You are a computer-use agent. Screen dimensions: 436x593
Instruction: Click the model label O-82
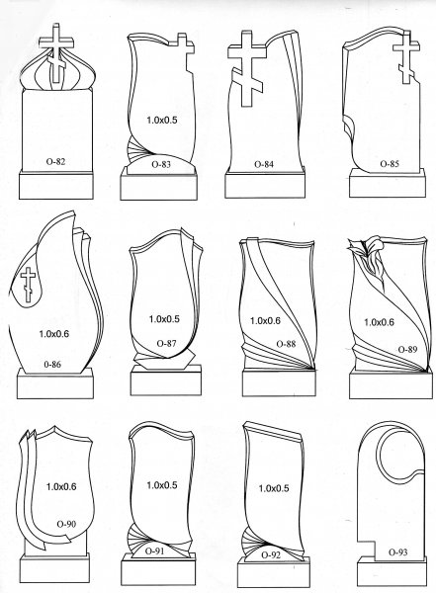click(x=55, y=161)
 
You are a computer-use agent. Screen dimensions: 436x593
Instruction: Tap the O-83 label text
click(x=161, y=164)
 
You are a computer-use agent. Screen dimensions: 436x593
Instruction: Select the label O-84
click(x=264, y=164)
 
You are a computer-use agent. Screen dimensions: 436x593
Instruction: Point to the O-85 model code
click(x=390, y=164)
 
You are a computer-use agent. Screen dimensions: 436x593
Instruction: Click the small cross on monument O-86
click(x=28, y=285)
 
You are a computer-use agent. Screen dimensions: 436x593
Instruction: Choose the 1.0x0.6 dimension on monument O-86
click(x=54, y=334)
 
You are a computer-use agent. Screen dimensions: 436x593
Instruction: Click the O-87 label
click(x=166, y=343)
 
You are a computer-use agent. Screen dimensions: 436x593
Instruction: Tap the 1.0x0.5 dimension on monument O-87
click(x=164, y=319)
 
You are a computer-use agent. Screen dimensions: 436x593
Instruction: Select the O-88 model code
click(x=286, y=344)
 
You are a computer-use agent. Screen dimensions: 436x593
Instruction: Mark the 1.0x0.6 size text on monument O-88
click(x=265, y=320)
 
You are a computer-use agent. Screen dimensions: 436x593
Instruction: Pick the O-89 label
click(x=407, y=349)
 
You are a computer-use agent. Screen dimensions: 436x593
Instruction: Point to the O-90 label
click(x=66, y=524)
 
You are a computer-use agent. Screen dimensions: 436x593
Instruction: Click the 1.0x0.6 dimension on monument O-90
click(x=61, y=486)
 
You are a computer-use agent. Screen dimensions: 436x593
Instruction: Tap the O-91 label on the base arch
click(x=155, y=551)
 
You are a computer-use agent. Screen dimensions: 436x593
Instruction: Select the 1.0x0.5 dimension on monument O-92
click(x=274, y=488)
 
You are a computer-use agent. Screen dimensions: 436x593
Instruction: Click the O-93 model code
click(x=398, y=552)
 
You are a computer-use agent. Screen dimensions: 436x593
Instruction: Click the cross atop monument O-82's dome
click(x=56, y=53)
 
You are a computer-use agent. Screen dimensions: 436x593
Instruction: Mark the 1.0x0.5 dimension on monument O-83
click(x=162, y=120)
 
